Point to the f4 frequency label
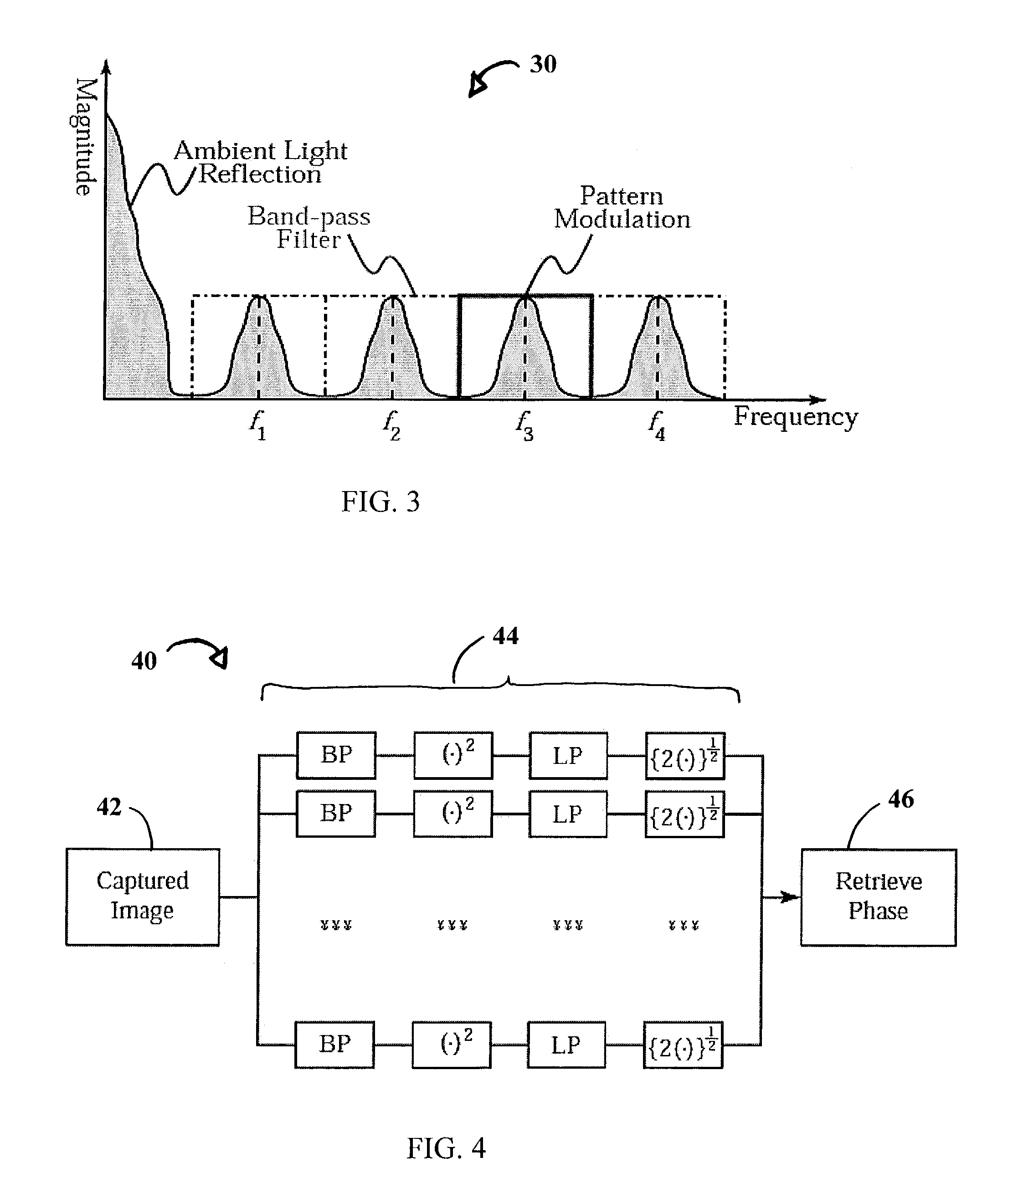click(657, 426)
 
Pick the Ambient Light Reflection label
click(260, 162)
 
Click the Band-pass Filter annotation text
click(309, 227)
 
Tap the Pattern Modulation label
click(622, 208)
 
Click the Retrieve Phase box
click(878, 897)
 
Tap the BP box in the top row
click(336, 755)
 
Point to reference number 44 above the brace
click(505, 635)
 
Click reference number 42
click(109, 807)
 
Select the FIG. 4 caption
click(446, 1147)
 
